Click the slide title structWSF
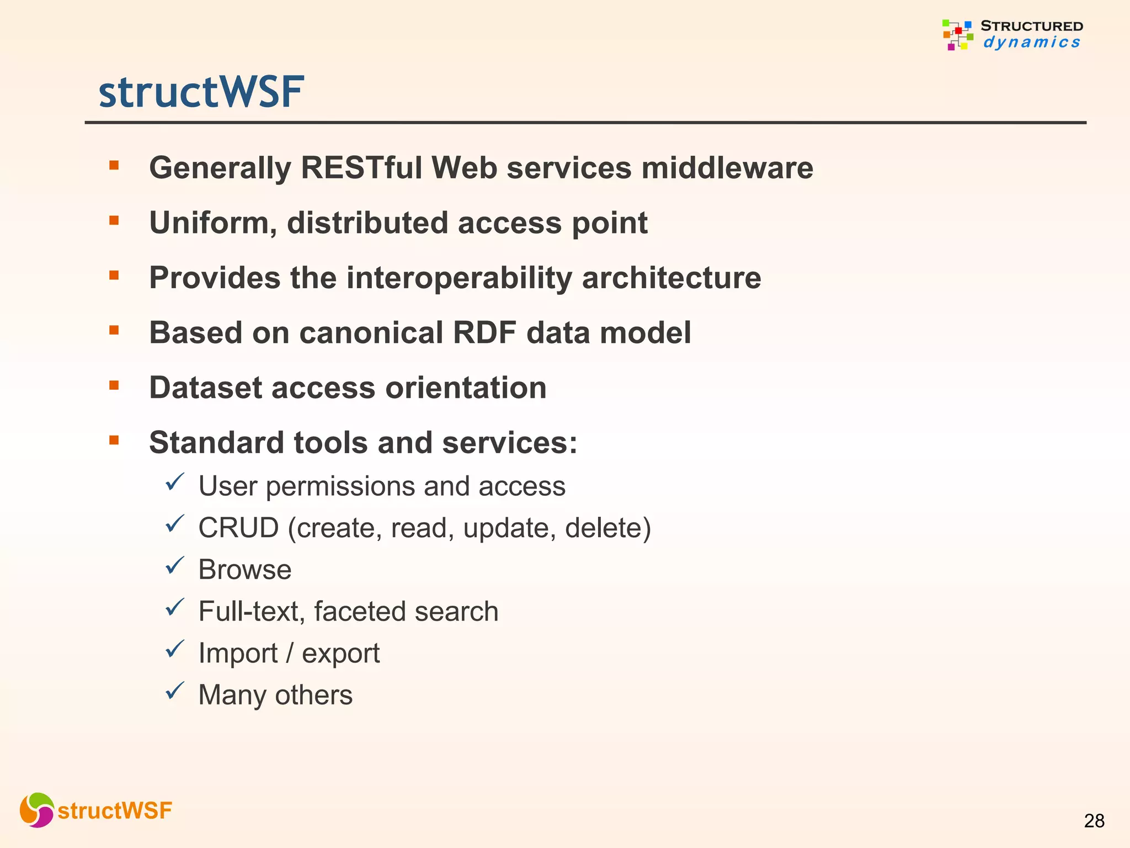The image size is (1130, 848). tap(201, 92)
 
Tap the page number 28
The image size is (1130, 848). tap(1094, 821)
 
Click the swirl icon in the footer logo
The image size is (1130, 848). tap(37, 810)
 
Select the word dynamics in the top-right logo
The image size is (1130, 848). tap(1031, 43)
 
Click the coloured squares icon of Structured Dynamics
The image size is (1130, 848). tap(957, 35)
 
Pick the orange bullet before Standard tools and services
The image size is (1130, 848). tap(114, 440)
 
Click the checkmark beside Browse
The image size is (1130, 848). tap(174, 566)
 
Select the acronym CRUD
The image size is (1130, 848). tap(238, 528)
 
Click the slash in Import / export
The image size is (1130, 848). tap(290, 653)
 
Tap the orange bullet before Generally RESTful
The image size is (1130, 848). tap(114, 165)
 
